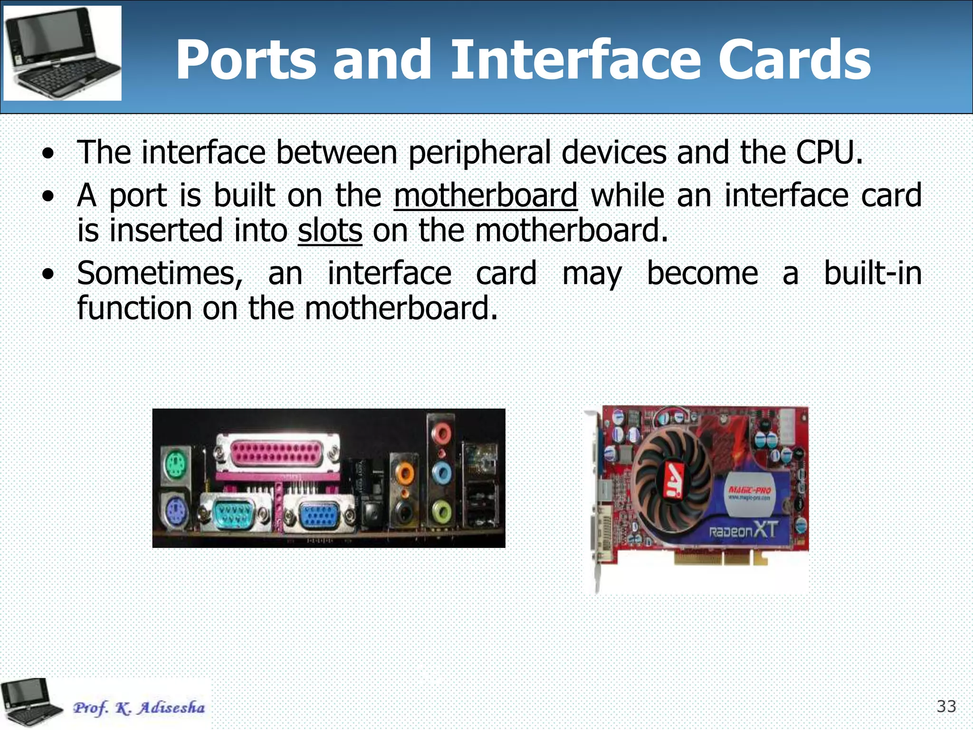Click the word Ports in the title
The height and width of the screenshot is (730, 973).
(246, 60)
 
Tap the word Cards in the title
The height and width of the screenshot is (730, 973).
(794, 60)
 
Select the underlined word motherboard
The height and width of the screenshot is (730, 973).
(486, 195)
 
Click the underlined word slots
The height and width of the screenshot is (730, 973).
(330, 231)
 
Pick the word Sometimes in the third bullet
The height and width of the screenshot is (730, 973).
(160, 274)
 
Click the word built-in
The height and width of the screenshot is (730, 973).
(872, 274)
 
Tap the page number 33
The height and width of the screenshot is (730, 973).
(946, 707)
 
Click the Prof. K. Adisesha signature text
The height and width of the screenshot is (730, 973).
(139, 708)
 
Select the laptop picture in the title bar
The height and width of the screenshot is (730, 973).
(62, 53)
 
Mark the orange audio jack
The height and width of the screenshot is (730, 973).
(405, 473)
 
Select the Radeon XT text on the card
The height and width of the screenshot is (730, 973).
(743, 530)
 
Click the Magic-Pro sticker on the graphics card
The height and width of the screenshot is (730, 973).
(750, 494)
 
